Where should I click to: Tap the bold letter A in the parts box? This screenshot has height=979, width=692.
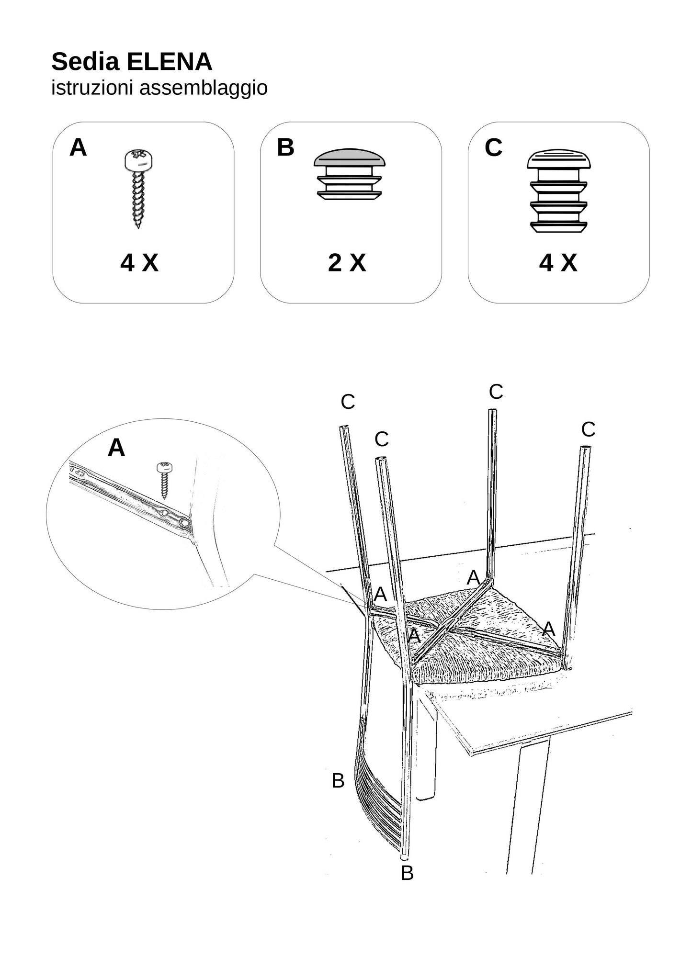78,147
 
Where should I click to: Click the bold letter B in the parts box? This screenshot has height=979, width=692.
285,147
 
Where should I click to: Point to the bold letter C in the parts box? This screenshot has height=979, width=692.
493,147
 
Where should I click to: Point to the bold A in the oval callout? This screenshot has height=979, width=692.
116,448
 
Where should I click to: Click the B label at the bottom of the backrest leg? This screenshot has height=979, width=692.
407,873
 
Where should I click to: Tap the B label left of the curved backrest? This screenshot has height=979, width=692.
338,781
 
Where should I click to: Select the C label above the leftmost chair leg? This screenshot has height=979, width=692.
348,402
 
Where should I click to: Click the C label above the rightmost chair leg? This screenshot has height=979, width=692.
588,430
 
